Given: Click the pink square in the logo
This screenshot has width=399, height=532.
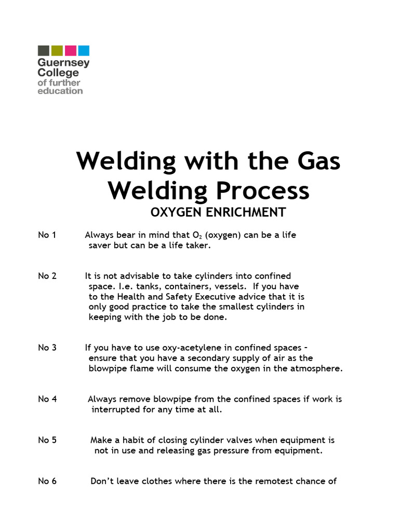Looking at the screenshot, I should [71, 50].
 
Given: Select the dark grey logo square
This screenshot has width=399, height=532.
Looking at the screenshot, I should [44, 50].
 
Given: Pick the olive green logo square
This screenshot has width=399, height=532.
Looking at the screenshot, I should [57, 50].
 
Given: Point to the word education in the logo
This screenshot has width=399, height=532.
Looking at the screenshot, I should [60, 91].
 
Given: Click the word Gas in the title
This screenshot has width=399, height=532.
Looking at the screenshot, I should [314, 161].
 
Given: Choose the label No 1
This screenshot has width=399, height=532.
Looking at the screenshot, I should [47, 235].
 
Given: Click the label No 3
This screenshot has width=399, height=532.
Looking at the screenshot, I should [47, 348].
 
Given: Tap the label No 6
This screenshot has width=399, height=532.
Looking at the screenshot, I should [47, 481].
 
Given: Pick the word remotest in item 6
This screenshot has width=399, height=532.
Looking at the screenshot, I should [273, 481].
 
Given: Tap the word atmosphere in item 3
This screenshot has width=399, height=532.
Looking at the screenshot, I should [317, 368].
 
